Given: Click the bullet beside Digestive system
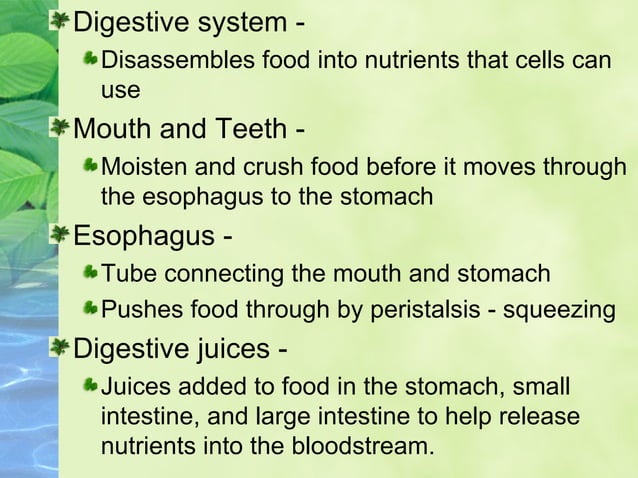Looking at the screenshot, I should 60,21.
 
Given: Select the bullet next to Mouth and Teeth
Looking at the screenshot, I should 60,130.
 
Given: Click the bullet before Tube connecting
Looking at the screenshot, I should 91,273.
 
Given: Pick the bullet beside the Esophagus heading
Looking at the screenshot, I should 60,237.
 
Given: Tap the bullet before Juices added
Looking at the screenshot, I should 91,385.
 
